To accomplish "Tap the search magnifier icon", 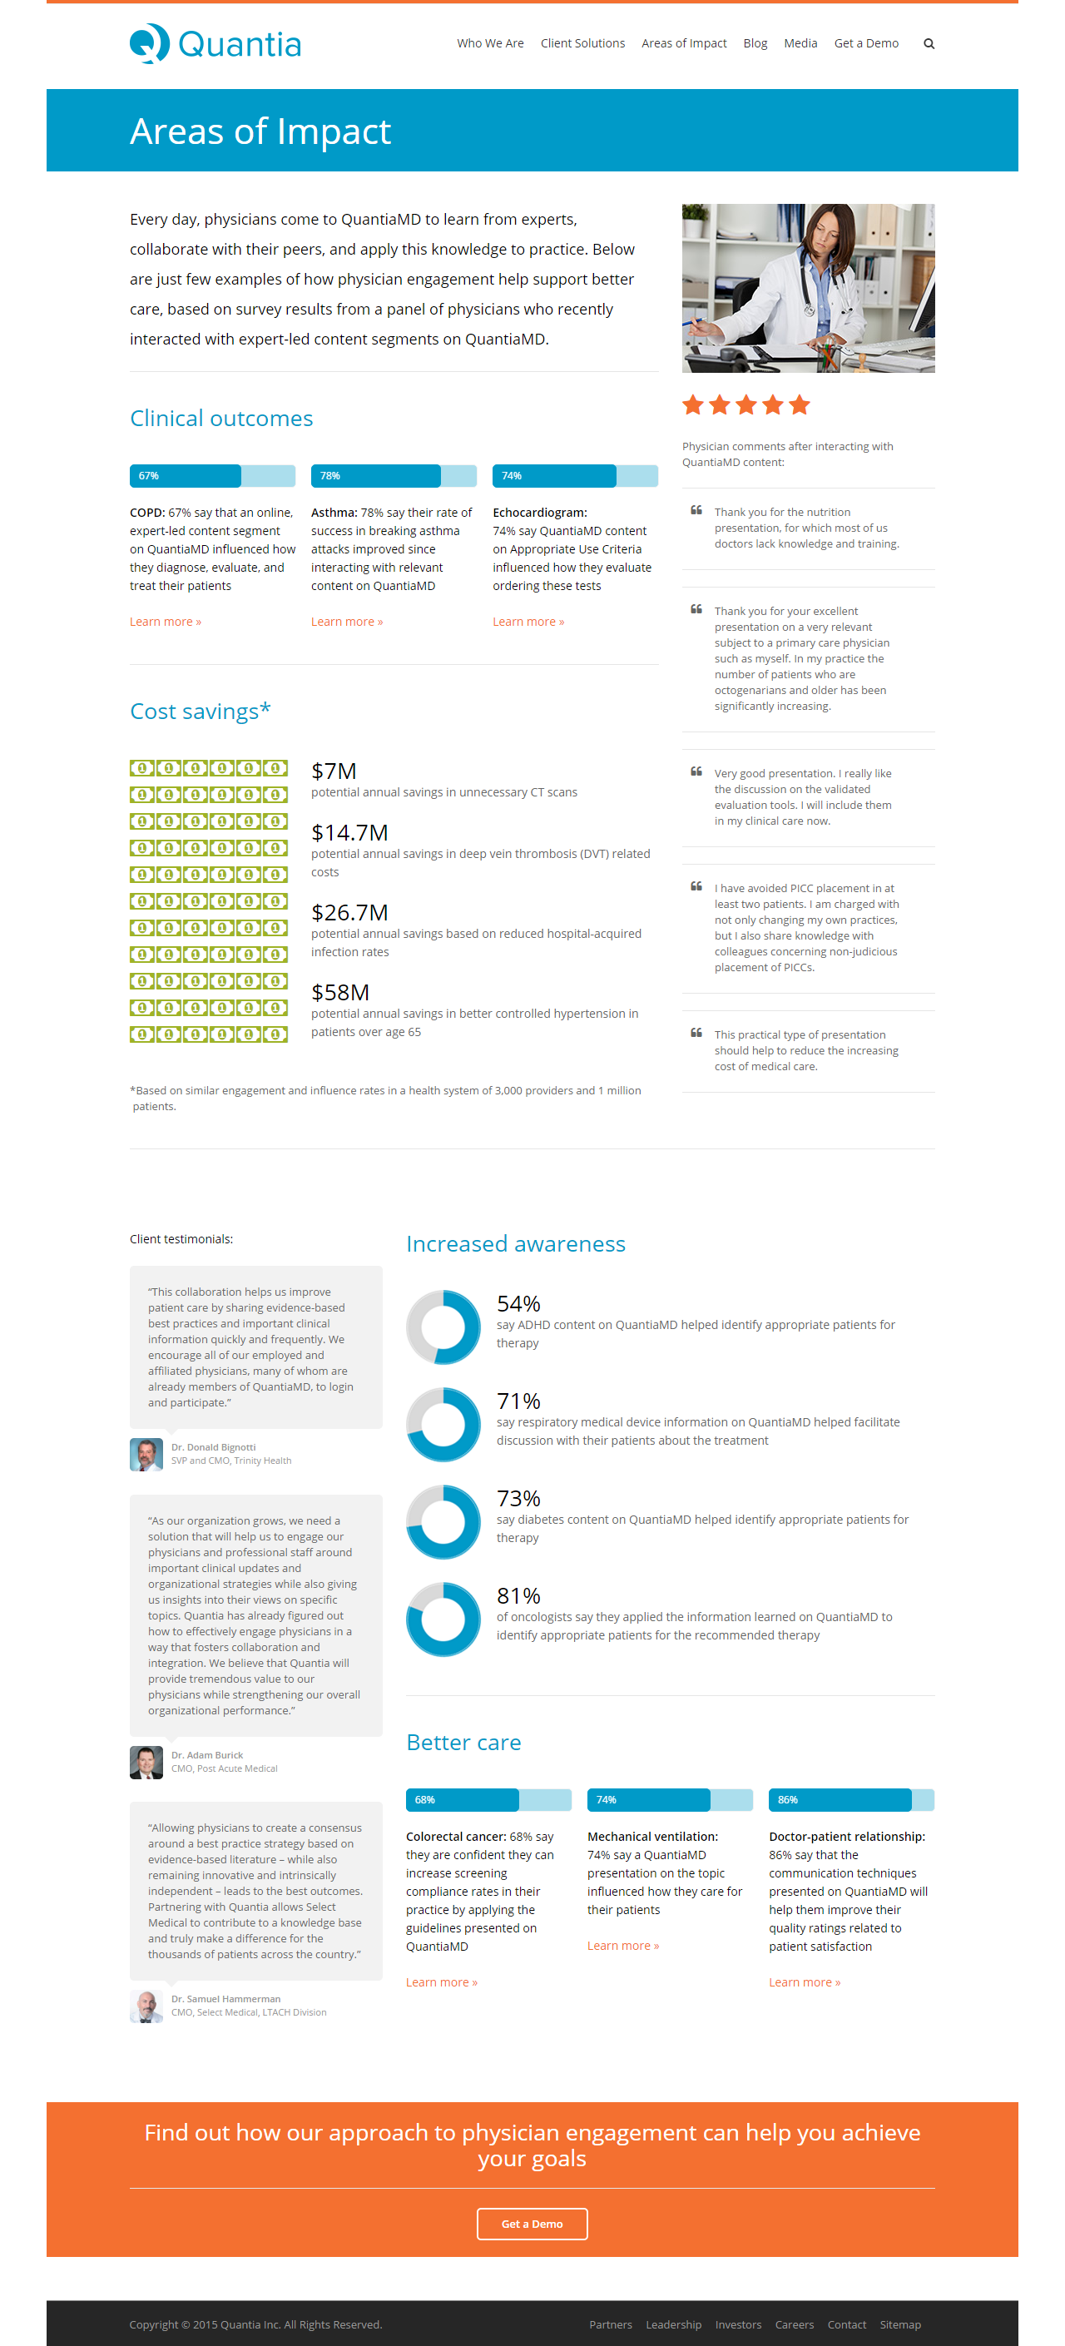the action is point(929,44).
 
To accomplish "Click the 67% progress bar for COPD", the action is point(212,475).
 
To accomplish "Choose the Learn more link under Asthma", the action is point(347,621).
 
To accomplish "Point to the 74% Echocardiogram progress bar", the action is point(575,475).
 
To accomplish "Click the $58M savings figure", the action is point(340,992).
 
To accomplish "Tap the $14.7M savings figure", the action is point(349,832).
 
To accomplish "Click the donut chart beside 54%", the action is point(443,1327).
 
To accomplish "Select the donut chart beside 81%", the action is point(443,1619).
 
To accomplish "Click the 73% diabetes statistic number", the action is point(518,1497).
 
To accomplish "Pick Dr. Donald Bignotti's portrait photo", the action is point(146,1454).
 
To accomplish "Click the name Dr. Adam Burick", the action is point(206,1754).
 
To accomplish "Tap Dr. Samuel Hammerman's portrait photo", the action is point(146,2006).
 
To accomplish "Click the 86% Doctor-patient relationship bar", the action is point(851,1799).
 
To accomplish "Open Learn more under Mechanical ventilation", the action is point(622,1945).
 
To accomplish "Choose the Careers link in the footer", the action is point(794,2324).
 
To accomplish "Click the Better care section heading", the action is point(463,1742).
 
